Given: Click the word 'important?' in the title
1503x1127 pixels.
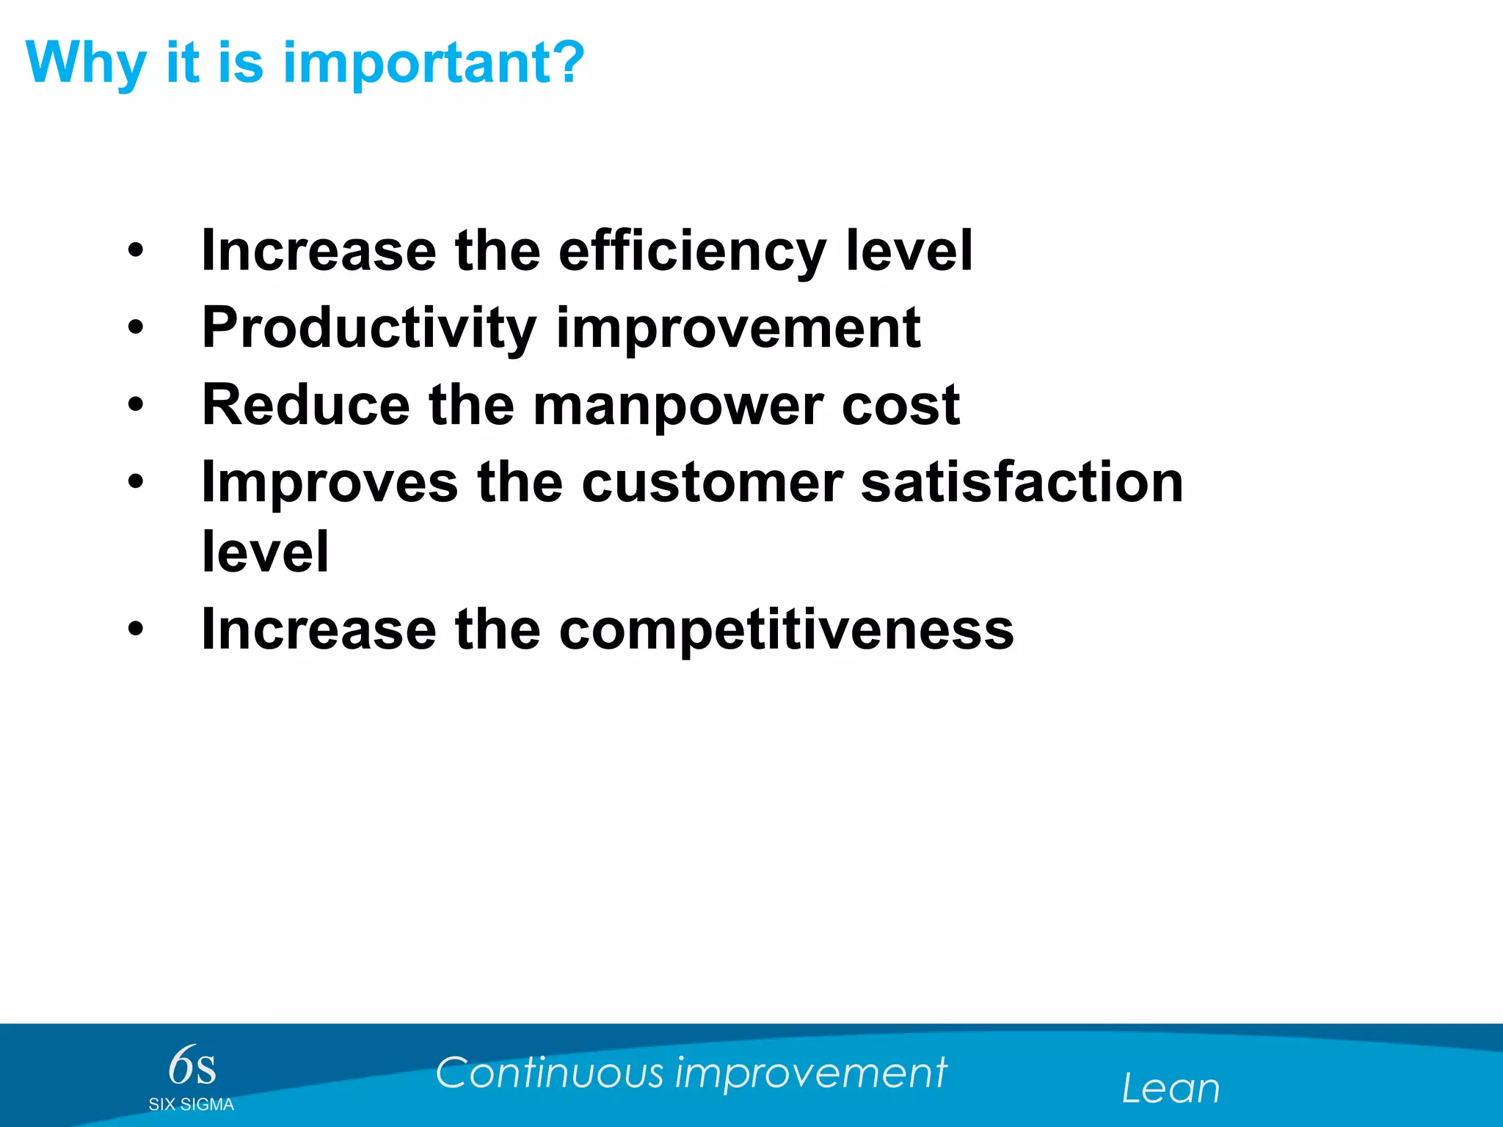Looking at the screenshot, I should pyautogui.click(x=434, y=64).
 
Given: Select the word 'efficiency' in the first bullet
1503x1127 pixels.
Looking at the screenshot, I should pyautogui.click(x=692, y=252).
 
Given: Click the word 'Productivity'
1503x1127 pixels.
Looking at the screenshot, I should pyautogui.click(x=369, y=328).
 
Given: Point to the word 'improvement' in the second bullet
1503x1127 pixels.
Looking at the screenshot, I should pyautogui.click(x=738, y=328).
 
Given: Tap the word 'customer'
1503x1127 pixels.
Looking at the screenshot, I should pyautogui.click(x=712, y=483).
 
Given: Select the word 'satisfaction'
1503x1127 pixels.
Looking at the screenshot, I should pyautogui.click(x=1022, y=483).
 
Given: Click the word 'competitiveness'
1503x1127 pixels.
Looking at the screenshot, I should pyautogui.click(x=786, y=630).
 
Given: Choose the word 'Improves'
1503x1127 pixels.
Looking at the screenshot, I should pyautogui.click(x=330, y=483).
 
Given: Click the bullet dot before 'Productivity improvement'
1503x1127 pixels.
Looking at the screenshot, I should pyautogui.click(x=136, y=328).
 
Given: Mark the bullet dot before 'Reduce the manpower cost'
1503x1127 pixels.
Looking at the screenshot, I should pyautogui.click(x=136, y=405).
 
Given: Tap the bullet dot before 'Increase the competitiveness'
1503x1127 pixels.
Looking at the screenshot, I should pyautogui.click(x=136, y=629).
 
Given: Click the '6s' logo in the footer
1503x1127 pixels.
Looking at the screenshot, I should pyautogui.click(x=192, y=1066).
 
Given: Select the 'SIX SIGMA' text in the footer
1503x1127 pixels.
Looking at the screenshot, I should pyautogui.click(x=191, y=1105).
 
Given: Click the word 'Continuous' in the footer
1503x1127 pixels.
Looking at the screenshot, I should pyautogui.click(x=549, y=1073).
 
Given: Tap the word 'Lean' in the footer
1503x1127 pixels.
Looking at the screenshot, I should pyautogui.click(x=1171, y=1089).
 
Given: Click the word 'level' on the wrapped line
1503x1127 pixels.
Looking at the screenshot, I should pyautogui.click(x=265, y=552).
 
